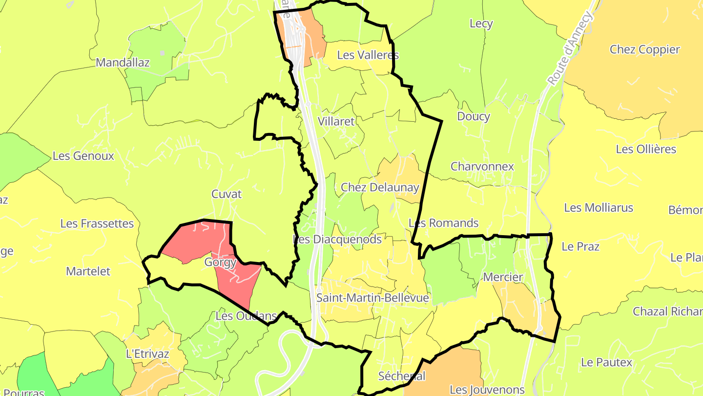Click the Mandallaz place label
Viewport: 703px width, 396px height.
pyautogui.click(x=123, y=63)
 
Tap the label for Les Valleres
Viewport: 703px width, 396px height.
pyautogui.click(x=368, y=55)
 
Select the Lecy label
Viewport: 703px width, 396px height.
pyautogui.click(x=481, y=23)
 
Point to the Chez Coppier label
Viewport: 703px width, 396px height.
pyautogui.click(x=644, y=49)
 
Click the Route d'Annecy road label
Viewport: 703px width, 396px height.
pyautogui.click(x=570, y=49)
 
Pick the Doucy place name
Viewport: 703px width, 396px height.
pyautogui.click(x=473, y=116)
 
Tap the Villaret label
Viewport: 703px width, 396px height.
pyautogui.click(x=336, y=122)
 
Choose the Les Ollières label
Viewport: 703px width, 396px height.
pyautogui.click(x=646, y=149)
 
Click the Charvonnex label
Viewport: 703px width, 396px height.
pyautogui.click(x=482, y=166)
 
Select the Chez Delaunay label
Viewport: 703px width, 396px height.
pyautogui.click(x=380, y=187)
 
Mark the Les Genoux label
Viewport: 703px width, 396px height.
pyautogui.click(x=83, y=156)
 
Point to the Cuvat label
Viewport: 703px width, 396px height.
pyautogui.click(x=226, y=194)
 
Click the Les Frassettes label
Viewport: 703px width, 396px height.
pyautogui.click(x=97, y=223)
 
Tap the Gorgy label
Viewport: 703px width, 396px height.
pyautogui.click(x=220, y=262)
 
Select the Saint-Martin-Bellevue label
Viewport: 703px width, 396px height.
pyautogui.click(x=372, y=298)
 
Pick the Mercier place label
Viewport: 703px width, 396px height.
pyautogui.click(x=503, y=277)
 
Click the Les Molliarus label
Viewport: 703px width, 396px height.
pyautogui.click(x=598, y=208)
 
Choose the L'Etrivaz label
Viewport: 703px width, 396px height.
pyautogui.click(x=147, y=353)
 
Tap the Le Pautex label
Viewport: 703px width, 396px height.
pyautogui.click(x=606, y=362)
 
